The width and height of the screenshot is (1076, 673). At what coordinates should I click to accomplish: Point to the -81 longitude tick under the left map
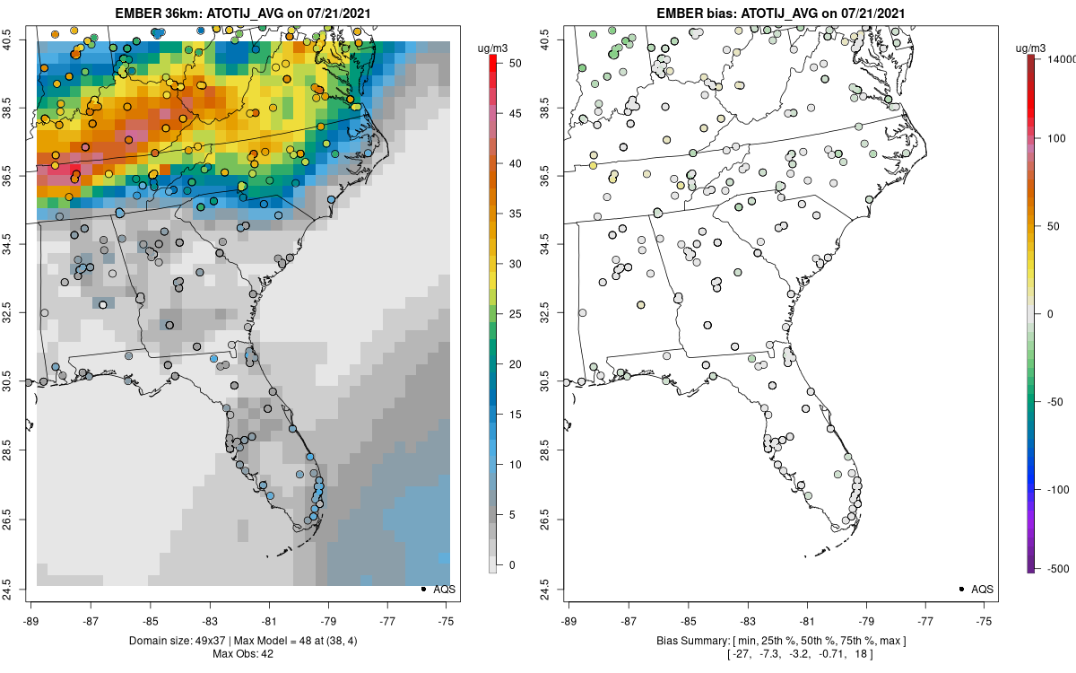[x=269, y=620]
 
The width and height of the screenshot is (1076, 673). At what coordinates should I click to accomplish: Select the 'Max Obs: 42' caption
[x=242, y=653]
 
